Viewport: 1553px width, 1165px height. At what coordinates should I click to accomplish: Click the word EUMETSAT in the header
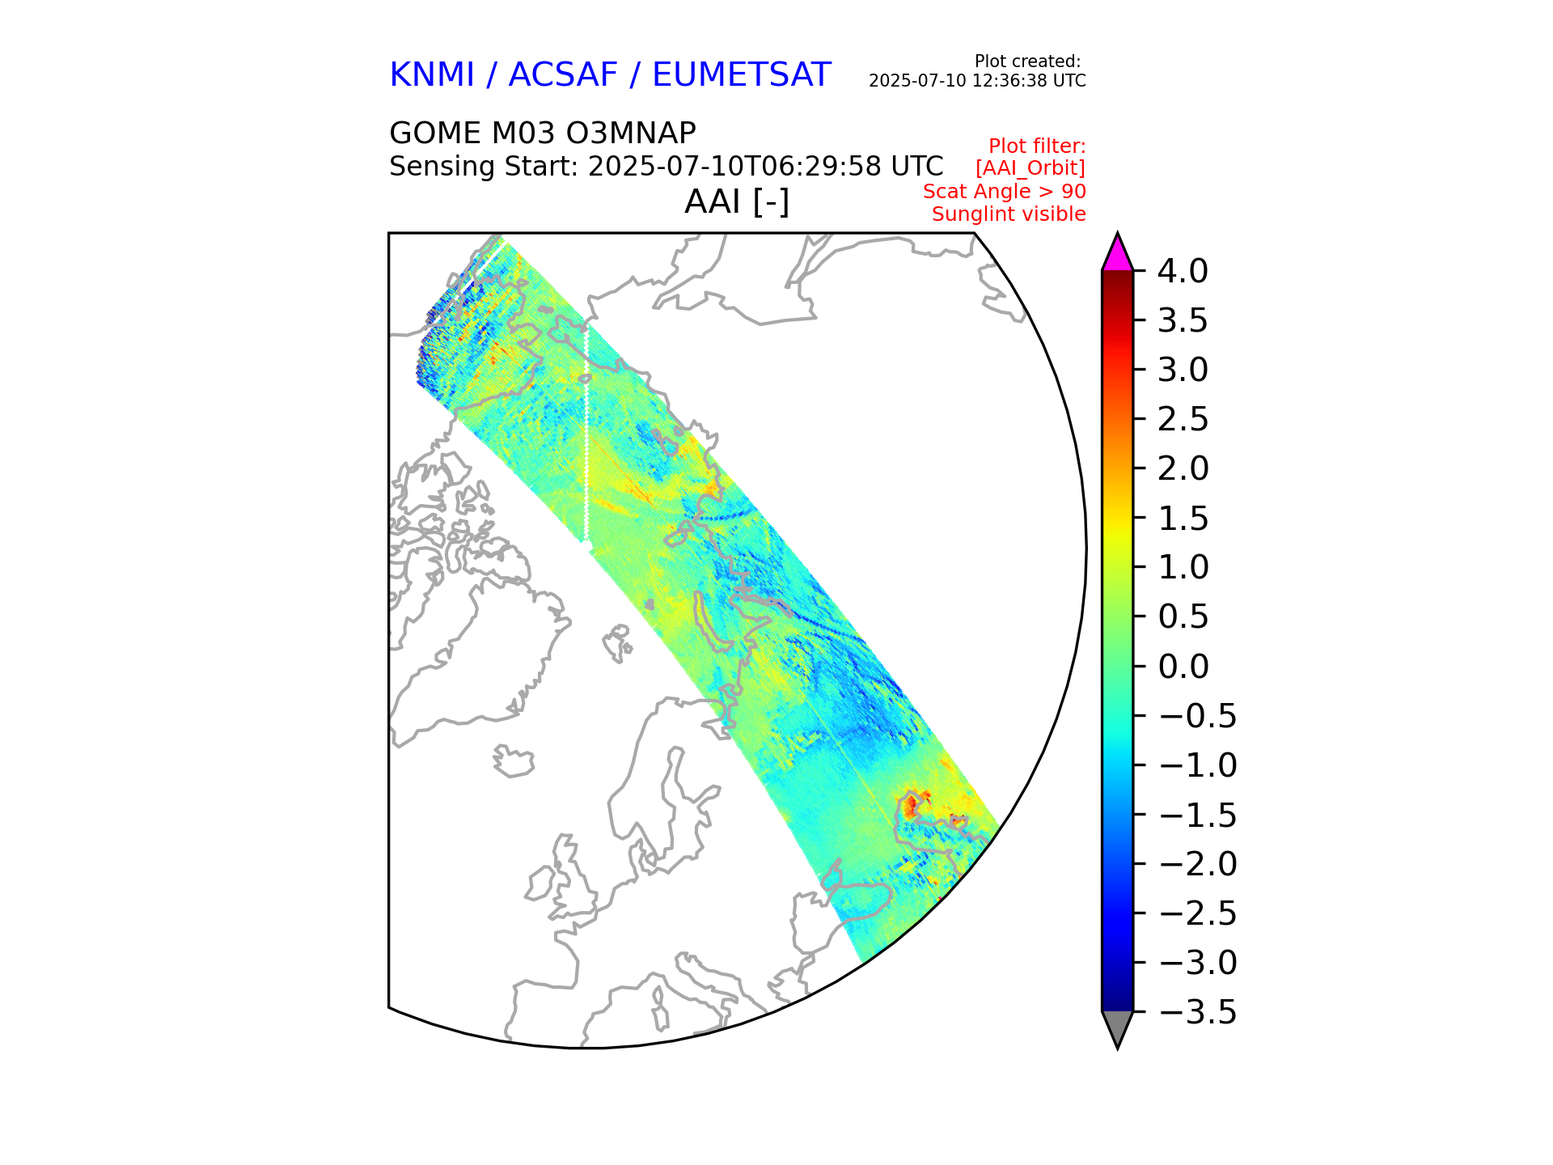click(x=741, y=75)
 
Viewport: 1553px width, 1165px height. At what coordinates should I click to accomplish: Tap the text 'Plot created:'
click(x=1027, y=61)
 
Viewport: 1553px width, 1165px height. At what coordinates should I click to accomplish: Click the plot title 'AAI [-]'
click(x=736, y=201)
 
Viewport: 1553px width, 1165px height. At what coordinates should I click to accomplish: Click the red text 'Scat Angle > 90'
click(x=1004, y=192)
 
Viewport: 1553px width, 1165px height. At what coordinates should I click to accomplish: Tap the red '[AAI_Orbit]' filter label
click(x=1030, y=168)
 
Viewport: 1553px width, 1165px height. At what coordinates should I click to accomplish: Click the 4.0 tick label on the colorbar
click(x=1183, y=272)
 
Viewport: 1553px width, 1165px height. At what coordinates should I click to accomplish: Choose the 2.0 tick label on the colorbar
click(x=1183, y=469)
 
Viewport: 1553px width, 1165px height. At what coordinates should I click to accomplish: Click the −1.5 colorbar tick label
click(x=1197, y=815)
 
